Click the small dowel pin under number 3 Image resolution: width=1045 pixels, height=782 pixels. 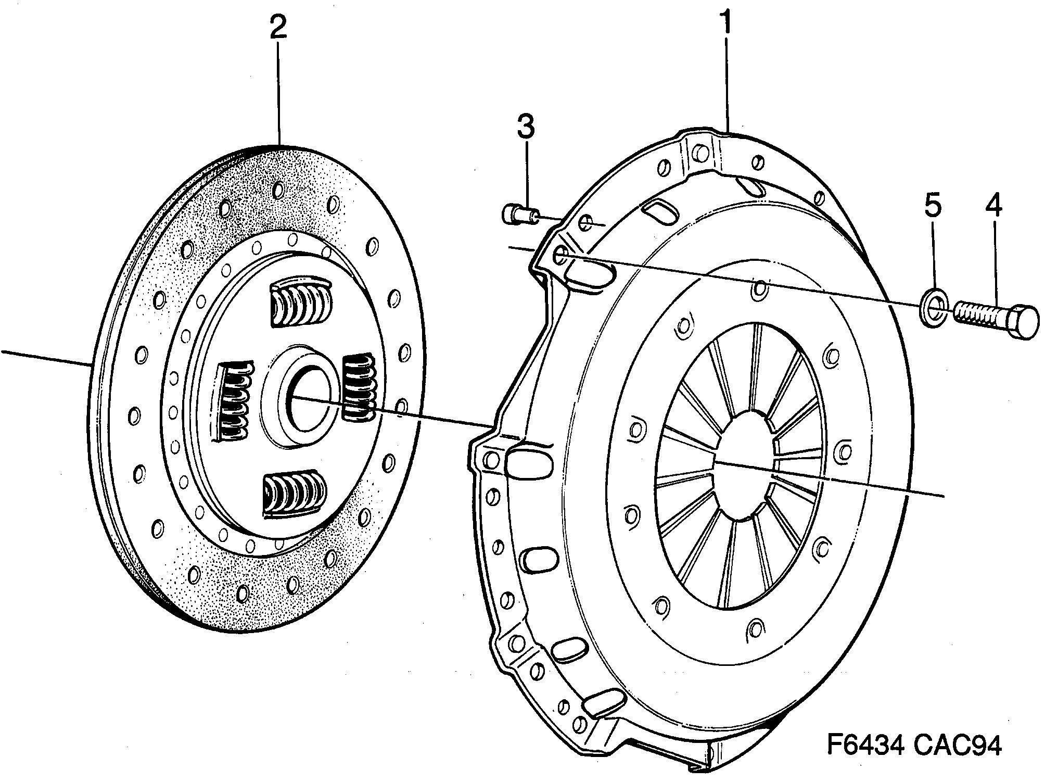(x=518, y=213)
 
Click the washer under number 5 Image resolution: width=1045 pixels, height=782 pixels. (x=935, y=311)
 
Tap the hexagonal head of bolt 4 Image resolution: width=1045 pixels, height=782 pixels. (x=1023, y=322)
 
